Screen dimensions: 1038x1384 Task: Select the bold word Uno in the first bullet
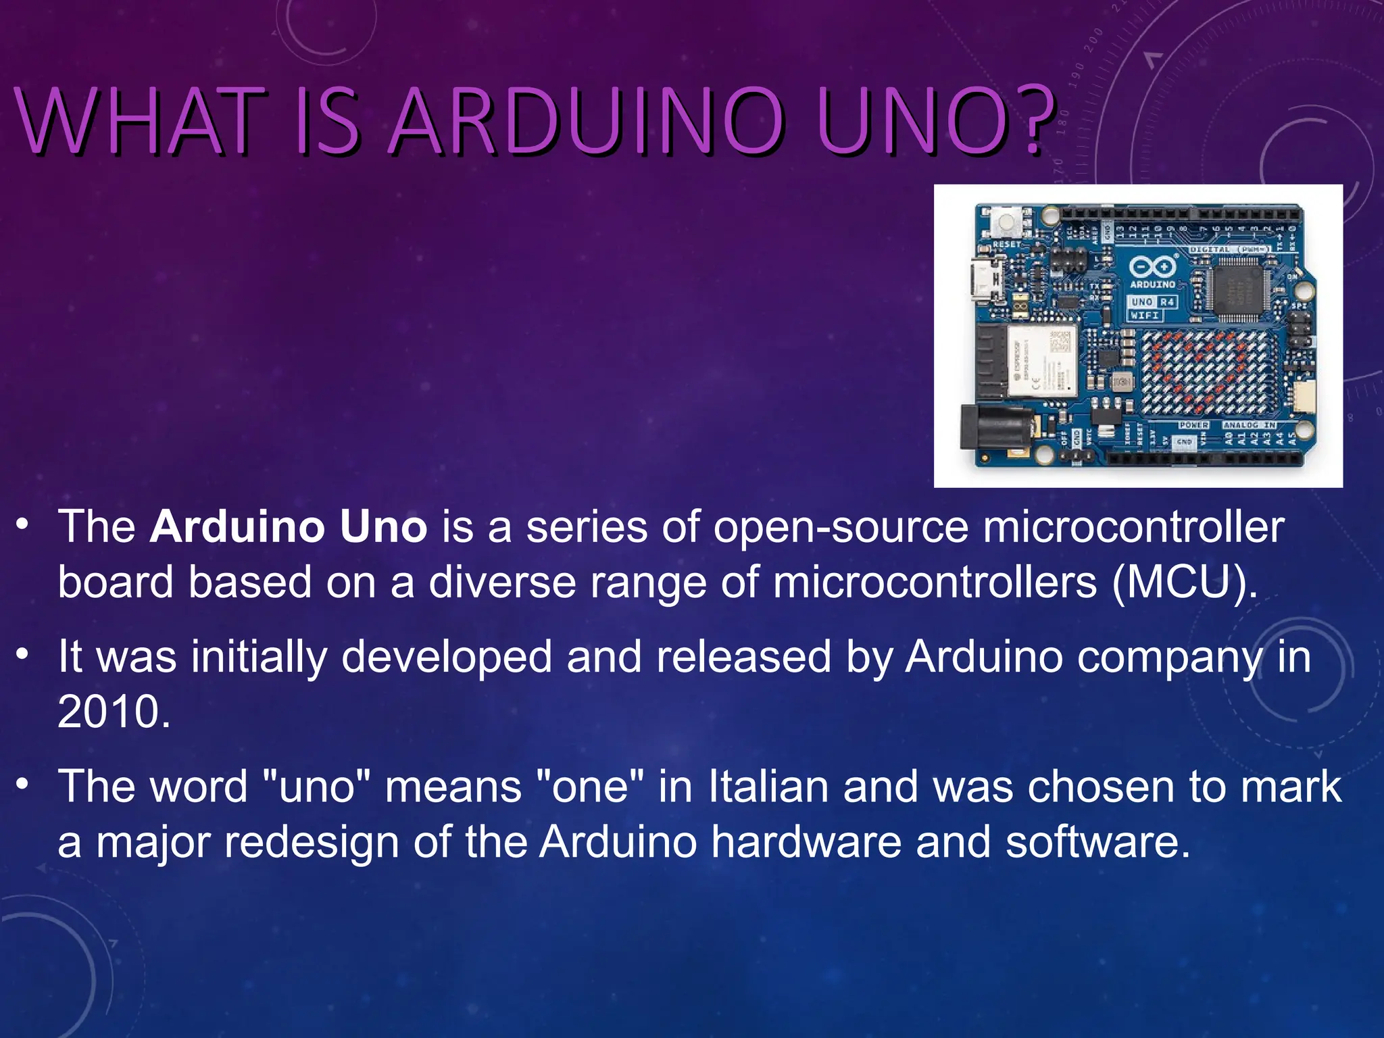coord(383,527)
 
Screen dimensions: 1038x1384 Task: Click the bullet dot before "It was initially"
coord(23,654)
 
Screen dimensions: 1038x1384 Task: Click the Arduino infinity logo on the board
coord(1152,266)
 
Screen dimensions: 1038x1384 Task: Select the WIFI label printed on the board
coord(1145,316)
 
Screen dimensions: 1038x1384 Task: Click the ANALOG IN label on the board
coord(1250,425)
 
